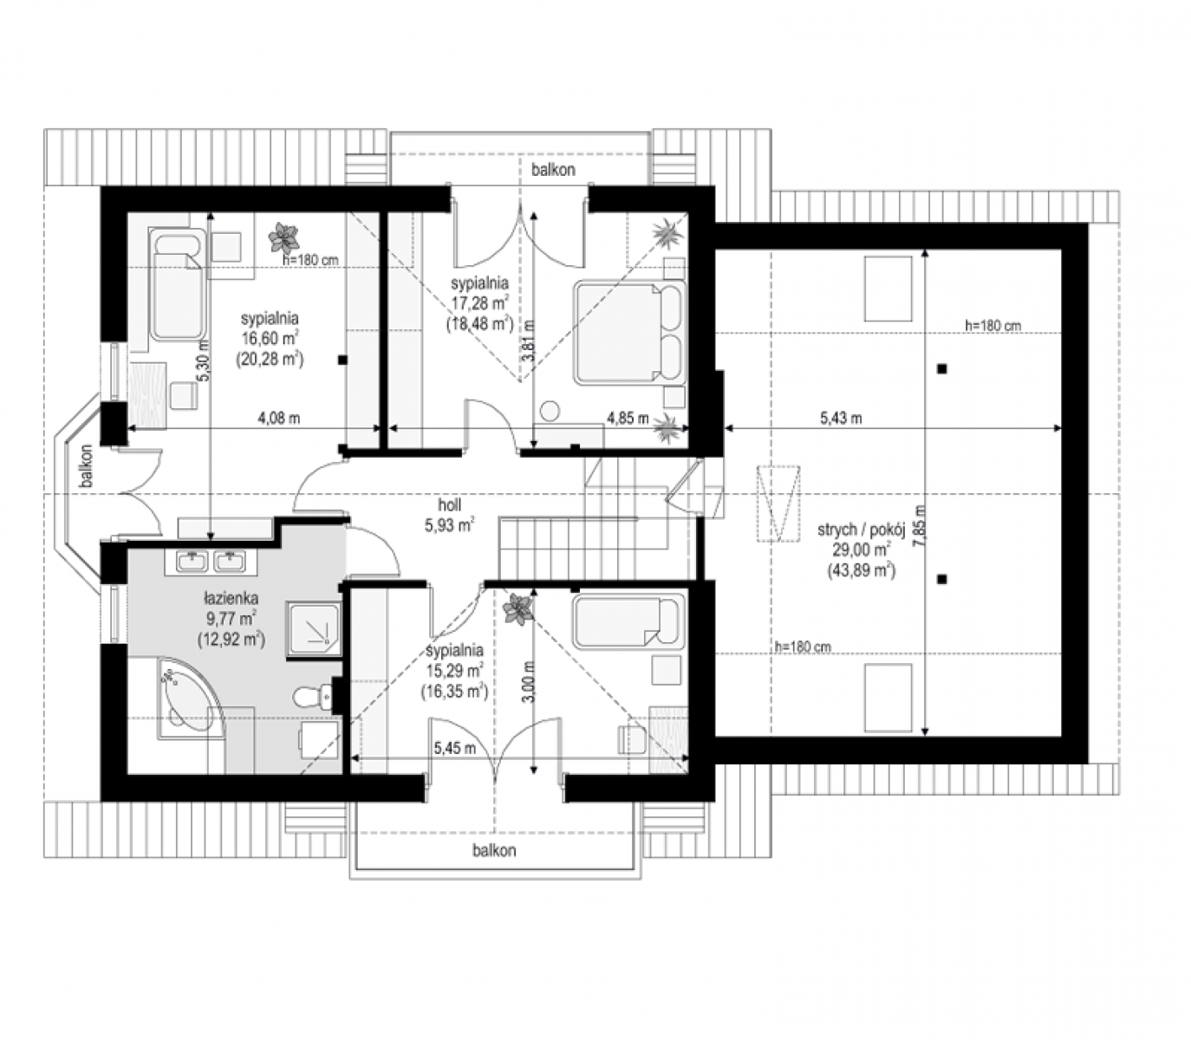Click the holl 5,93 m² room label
click(x=449, y=515)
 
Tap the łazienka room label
click(x=231, y=598)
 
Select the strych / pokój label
click(x=861, y=530)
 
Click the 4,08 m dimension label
click(x=279, y=418)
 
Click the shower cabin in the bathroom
click(x=313, y=629)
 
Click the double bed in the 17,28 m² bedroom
click(x=630, y=332)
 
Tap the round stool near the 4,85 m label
click(x=550, y=411)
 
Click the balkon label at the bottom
click(x=494, y=850)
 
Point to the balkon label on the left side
click(x=87, y=465)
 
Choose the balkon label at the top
click(x=553, y=169)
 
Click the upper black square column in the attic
click(x=941, y=368)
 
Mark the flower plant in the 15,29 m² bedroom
click(x=518, y=609)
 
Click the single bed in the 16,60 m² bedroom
click(x=178, y=284)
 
